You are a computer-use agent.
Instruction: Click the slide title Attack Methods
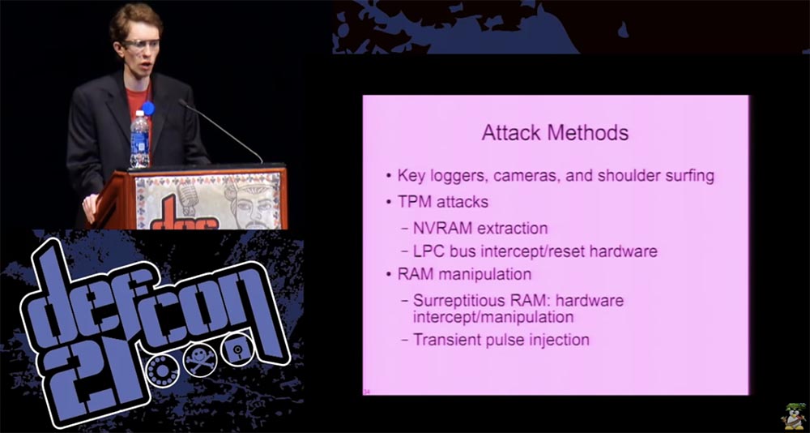[x=555, y=132]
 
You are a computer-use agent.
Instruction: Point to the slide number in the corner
[x=368, y=389]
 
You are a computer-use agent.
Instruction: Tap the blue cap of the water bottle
[x=147, y=108]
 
